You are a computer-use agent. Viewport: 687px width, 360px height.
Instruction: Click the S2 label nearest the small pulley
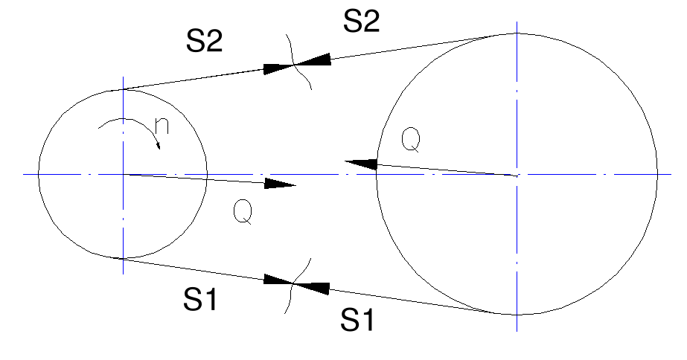(x=204, y=42)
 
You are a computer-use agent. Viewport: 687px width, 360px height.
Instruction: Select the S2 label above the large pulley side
(x=361, y=22)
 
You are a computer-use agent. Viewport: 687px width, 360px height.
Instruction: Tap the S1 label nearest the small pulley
(x=203, y=299)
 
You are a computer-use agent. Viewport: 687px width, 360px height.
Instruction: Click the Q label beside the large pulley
(x=412, y=139)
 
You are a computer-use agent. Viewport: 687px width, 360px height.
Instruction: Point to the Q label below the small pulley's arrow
(x=243, y=212)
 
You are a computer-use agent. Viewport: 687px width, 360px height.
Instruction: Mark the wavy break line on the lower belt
(x=295, y=283)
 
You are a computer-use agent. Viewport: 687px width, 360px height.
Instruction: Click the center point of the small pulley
(x=123, y=174)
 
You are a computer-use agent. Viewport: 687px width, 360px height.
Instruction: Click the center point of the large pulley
(x=516, y=174)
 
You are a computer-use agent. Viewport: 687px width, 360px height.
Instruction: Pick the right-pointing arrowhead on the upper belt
(x=280, y=68)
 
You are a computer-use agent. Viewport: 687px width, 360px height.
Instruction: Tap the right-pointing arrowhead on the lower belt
(x=279, y=281)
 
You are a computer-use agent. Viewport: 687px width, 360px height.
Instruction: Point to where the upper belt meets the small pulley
(x=123, y=90)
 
